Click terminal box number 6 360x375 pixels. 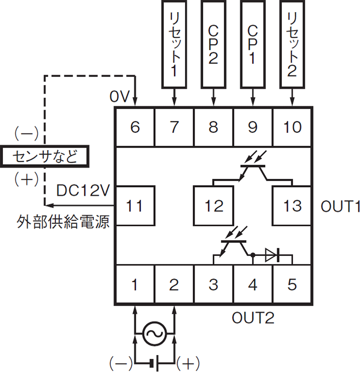click(x=135, y=127)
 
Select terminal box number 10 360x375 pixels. click(x=292, y=127)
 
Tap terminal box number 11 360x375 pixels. click(x=135, y=206)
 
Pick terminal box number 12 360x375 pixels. click(x=214, y=206)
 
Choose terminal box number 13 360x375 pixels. click(x=292, y=206)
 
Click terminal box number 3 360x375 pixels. click(x=214, y=284)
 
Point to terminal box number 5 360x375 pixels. click(x=292, y=284)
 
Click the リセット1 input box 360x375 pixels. click(x=174, y=44)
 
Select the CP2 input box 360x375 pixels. click(x=214, y=44)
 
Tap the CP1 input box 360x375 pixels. click(x=253, y=44)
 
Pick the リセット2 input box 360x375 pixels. click(x=292, y=44)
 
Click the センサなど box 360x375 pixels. click(x=45, y=156)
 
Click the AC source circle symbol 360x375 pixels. click(x=154, y=333)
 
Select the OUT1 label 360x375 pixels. click(x=340, y=206)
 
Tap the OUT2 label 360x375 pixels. click(x=253, y=318)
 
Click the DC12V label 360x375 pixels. click(x=83, y=190)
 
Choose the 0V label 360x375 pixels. click(x=120, y=96)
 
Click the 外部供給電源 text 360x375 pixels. click(x=63, y=222)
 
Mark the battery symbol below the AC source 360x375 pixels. click(x=155, y=363)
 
